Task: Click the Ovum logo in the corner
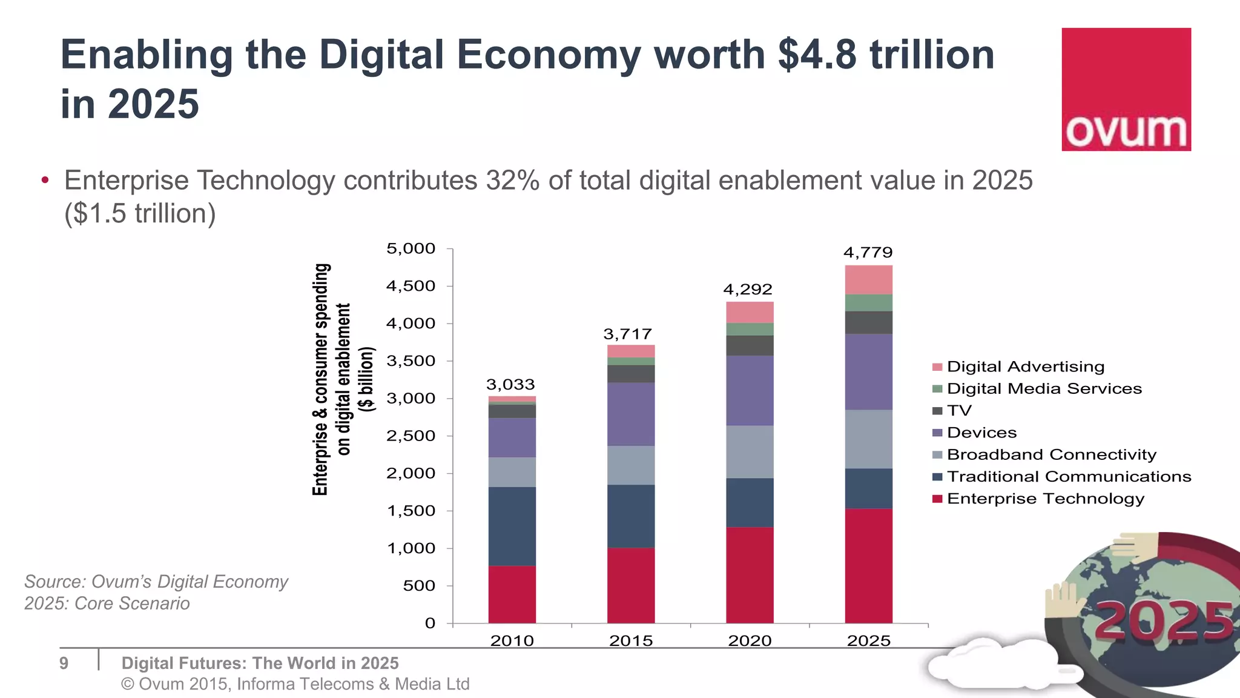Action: pos(1126,89)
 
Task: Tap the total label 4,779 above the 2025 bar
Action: pos(868,252)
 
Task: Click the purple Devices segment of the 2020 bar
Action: pos(750,390)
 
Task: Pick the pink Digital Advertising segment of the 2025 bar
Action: pos(868,280)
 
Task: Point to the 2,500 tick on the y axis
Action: pos(411,436)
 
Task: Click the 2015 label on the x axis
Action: pos(630,640)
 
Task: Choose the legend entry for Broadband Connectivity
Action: pos(1051,454)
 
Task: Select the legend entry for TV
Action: pos(959,411)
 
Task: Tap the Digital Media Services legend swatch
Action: pos(937,389)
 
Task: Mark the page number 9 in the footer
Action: pos(64,663)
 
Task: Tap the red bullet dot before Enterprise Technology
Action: pos(45,180)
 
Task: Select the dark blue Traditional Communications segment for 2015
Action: pos(630,516)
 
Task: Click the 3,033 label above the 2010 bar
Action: pos(510,384)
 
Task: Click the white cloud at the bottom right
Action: pos(993,666)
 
